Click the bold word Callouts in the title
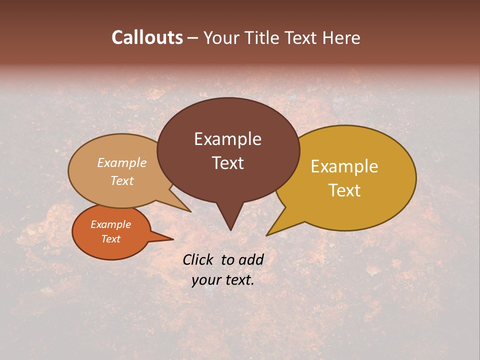click(x=147, y=37)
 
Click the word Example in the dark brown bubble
click(x=227, y=139)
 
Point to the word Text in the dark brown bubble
click(x=227, y=163)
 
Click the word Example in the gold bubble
click(x=344, y=166)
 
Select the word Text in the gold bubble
click(x=344, y=190)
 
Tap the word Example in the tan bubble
click(x=122, y=163)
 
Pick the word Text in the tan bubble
click(x=122, y=180)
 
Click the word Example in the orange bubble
click(x=110, y=224)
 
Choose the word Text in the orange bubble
click(x=110, y=239)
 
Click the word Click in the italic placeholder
click(x=198, y=259)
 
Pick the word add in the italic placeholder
click(x=251, y=259)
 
